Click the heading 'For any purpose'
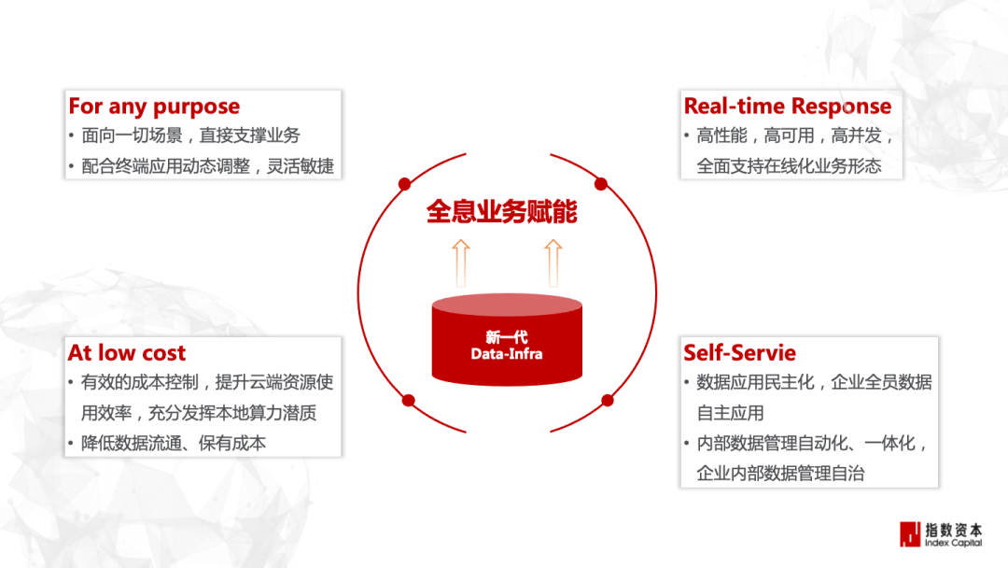pos(154,106)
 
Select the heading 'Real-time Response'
pos(787,106)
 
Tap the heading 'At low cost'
pos(127,353)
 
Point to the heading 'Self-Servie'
pos(739,353)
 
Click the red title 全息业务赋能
pos(502,211)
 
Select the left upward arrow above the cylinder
pos(459,262)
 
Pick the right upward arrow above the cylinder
pos(553,262)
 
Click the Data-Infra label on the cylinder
pos(506,354)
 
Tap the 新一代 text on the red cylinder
pos(506,337)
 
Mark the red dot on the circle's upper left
pos(405,182)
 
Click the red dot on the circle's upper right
pos(601,183)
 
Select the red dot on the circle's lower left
pos(408,401)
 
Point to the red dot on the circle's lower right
pos(608,401)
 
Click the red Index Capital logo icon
pos(909,533)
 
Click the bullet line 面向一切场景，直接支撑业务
pos(190,135)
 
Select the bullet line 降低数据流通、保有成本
pos(174,444)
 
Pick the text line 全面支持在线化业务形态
pos(789,167)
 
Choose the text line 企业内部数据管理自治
pos(780,474)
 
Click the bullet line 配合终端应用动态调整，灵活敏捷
pos(207,167)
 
